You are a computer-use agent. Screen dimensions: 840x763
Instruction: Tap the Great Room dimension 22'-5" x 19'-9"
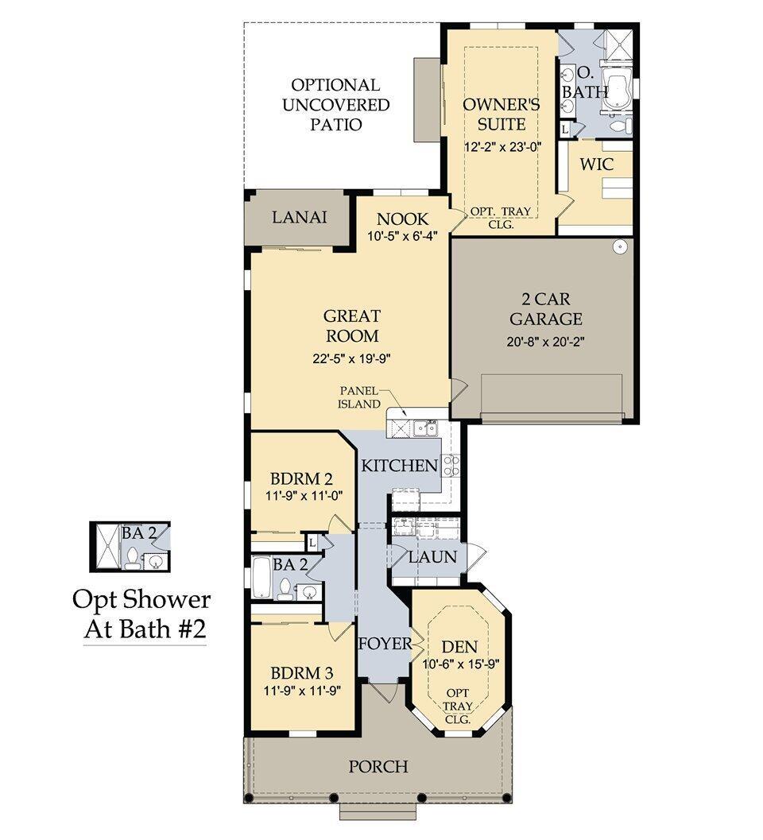click(x=351, y=358)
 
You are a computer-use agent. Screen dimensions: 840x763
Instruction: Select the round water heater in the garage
click(x=621, y=247)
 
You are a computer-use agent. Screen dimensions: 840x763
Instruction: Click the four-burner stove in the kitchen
click(x=451, y=465)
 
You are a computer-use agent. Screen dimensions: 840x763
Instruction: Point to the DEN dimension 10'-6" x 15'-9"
click(x=460, y=664)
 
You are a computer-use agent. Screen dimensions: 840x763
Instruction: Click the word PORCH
click(x=378, y=767)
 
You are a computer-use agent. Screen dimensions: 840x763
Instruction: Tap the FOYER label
click(x=385, y=643)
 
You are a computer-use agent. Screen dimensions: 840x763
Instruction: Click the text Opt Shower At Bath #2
click(x=141, y=614)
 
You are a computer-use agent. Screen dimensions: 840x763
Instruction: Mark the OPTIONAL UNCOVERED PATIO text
click(x=334, y=104)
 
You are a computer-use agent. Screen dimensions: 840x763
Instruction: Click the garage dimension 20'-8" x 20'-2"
click(x=545, y=343)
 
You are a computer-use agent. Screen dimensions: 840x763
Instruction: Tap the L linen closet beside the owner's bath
click(x=565, y=128)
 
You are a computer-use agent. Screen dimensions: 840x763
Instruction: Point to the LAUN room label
click(x=432, y=556)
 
